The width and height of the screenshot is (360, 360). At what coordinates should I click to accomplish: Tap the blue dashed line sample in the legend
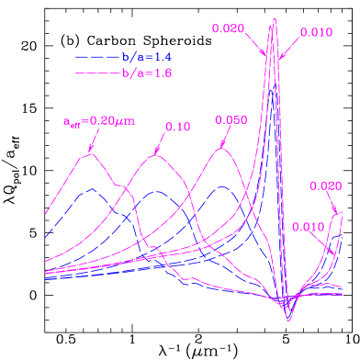[97, 56]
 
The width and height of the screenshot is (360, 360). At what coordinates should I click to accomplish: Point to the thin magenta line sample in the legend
[97, 71]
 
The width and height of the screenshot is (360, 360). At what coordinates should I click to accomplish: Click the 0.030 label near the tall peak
[228, 28]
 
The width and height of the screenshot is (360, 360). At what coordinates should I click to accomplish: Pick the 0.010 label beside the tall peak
[316, 32]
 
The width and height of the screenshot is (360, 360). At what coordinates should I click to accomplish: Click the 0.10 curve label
[177, 127]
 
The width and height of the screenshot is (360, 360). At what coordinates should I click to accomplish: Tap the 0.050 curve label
[231, 120]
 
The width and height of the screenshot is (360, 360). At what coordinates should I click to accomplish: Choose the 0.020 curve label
[326, 185]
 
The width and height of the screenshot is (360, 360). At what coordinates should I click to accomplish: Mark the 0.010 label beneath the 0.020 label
[308, 226]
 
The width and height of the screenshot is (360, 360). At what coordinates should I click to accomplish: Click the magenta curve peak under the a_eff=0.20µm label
[88, 154]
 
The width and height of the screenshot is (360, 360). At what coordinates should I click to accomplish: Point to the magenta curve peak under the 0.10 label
[156, 155]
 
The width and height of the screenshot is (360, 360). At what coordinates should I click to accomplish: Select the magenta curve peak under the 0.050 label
[221, 149]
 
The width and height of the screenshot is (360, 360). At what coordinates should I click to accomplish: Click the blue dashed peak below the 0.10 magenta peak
[157, 192]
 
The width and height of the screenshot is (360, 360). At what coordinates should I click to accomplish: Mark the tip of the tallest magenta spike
[273, 21]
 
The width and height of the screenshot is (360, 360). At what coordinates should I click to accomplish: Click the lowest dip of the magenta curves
[289, 320]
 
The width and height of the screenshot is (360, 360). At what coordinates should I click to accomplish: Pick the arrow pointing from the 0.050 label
[226, 137]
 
